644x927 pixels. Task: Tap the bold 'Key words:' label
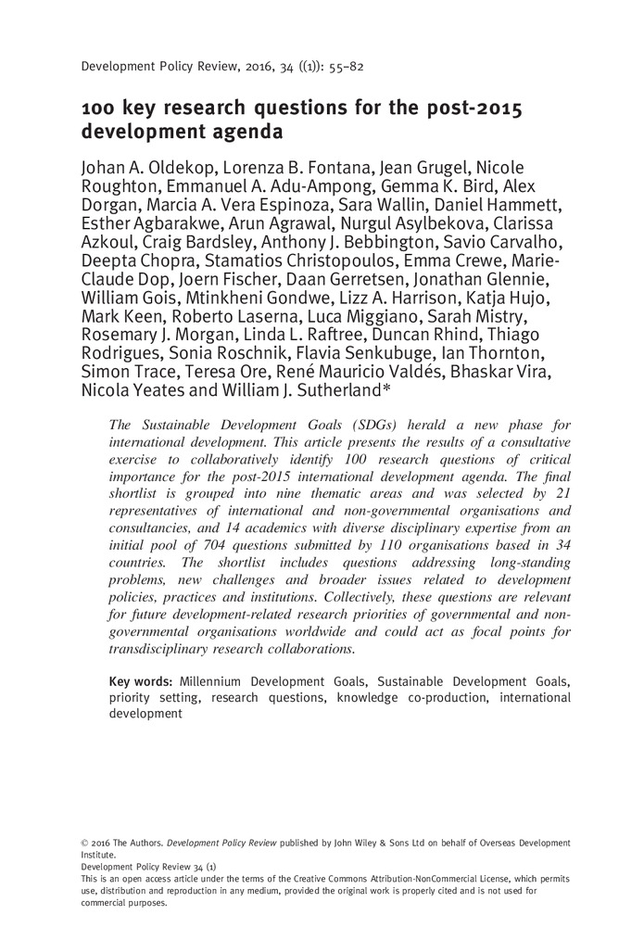[141, 680]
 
